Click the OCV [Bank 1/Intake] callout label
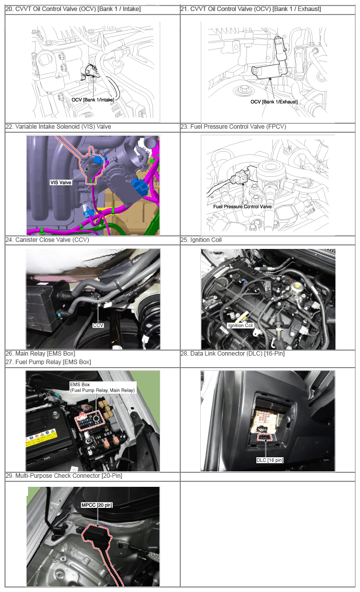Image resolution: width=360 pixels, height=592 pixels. point(93,100)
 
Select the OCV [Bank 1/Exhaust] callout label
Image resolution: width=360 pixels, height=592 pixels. point(274,102)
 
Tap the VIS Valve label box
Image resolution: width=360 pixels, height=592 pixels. point(61,182)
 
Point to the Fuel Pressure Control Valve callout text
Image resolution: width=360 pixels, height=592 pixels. point(242,206)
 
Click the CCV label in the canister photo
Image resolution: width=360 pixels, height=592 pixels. point(98,325)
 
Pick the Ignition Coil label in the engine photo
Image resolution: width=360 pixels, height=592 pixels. point(240,326)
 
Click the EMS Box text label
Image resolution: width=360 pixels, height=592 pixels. point(80,384)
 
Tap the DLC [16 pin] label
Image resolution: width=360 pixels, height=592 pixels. point(270,460)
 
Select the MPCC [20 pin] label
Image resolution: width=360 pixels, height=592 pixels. point(97,505)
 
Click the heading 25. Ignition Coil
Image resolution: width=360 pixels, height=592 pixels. point(201,240)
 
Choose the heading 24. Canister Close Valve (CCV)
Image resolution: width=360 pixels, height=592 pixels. point(47,240)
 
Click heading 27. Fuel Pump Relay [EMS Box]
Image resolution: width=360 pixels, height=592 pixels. point(48,362)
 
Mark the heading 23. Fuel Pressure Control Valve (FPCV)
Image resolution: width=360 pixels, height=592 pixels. point(233,127)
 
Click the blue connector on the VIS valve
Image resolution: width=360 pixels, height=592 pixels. point(99,160)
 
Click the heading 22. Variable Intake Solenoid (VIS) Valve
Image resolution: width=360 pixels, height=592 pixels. point(58,127)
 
